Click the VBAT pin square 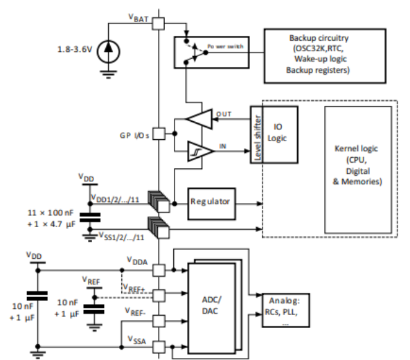(158, 23)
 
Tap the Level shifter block (256, 136)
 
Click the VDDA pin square (158, 270)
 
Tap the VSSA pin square (158, 345)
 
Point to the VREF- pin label (136, 314)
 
